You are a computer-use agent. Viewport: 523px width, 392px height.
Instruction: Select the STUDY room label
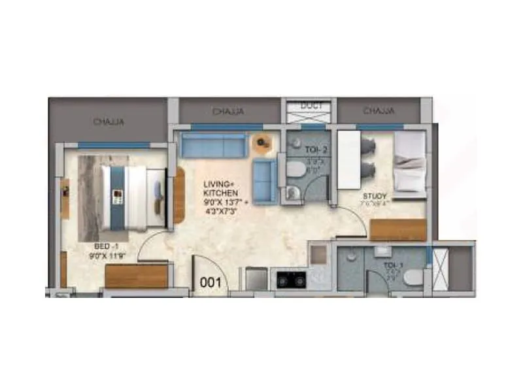375,196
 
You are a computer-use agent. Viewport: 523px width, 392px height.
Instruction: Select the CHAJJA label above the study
379,110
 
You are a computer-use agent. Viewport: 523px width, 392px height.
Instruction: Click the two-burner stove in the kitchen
291,280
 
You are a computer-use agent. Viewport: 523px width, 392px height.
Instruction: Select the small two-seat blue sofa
265,180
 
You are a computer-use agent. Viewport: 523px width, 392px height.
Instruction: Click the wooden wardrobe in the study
397,229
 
